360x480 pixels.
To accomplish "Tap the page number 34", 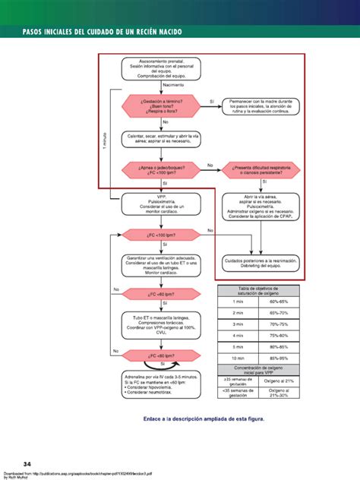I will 27,463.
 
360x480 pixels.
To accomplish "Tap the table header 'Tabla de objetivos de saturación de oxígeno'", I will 258,290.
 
